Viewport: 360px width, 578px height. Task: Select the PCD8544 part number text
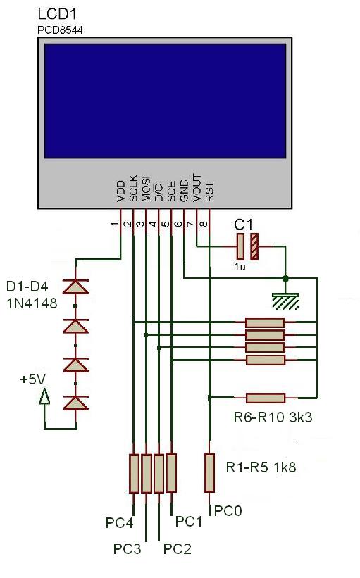pos(59,30)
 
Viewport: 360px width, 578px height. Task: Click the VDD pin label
pos(120,191)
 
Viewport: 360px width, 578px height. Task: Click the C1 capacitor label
pos(244,225)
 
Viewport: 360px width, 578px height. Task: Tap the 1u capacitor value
pos(241,268)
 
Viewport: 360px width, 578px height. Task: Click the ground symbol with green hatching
pos(285,301)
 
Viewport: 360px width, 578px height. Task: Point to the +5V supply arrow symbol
pos(45,398)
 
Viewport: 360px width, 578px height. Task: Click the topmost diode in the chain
pos(75,287)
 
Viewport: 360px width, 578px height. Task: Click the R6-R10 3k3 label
pos(273,417)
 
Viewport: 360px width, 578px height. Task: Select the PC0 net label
pos(228,510)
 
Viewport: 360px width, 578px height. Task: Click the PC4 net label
pos(120,523)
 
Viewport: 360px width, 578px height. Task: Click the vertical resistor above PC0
pos(209,472)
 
